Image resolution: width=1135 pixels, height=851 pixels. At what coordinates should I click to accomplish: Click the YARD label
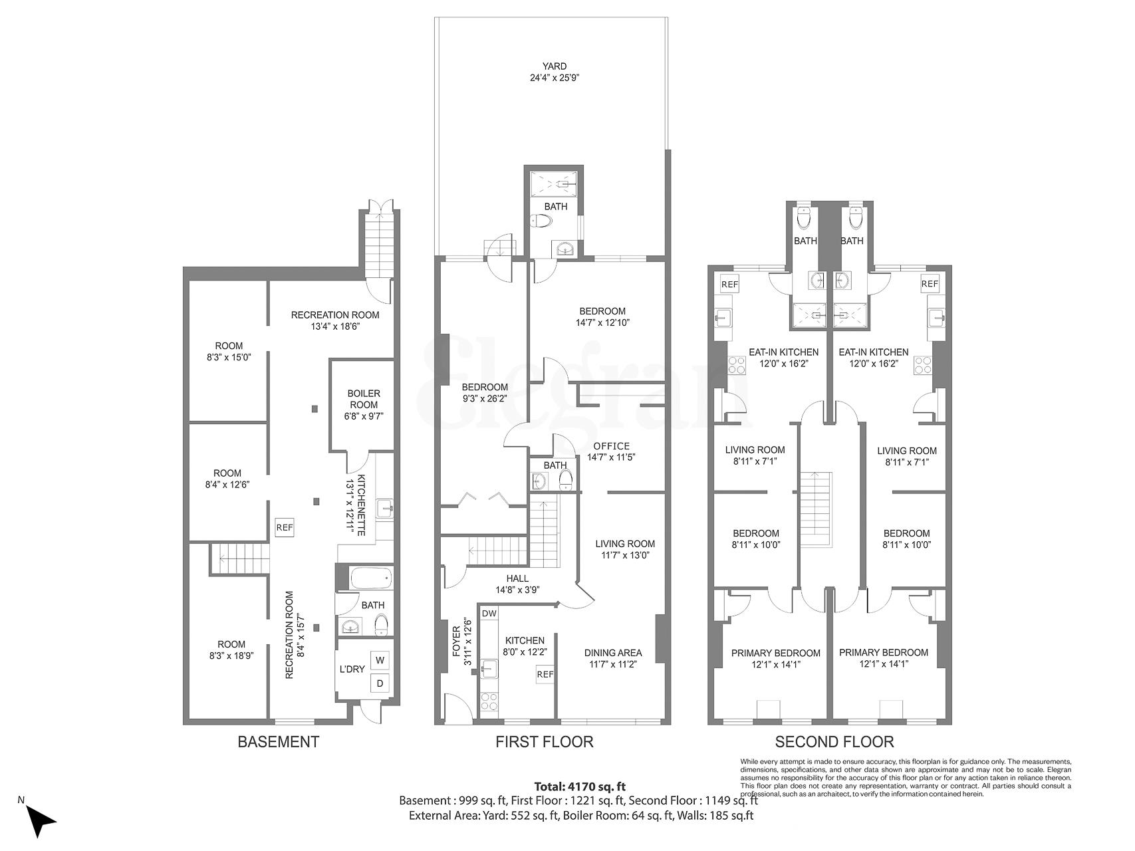554,66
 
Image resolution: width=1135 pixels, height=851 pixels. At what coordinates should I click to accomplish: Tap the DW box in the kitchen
489,613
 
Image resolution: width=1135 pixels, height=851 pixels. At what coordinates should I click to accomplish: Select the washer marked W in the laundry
380,660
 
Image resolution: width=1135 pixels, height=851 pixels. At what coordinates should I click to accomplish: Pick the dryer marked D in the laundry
380,683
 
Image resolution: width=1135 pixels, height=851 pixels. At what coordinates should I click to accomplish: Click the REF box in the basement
285,528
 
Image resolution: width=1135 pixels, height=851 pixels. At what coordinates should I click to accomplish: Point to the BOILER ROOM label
364,399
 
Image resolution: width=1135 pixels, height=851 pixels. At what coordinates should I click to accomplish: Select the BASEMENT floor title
279,742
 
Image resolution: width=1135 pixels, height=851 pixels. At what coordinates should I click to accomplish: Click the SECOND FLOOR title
834,742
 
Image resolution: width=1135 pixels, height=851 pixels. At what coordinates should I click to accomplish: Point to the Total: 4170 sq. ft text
580,787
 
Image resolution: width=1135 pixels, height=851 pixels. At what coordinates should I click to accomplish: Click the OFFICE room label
611,446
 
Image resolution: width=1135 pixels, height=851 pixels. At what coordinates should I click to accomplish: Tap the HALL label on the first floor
517,578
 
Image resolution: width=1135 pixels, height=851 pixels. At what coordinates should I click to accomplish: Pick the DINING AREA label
612,653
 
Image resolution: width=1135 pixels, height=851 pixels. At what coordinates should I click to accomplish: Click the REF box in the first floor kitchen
545,674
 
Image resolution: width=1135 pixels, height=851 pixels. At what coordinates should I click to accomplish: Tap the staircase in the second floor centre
815,509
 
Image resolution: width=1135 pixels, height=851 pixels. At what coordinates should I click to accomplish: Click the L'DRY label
352,669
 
